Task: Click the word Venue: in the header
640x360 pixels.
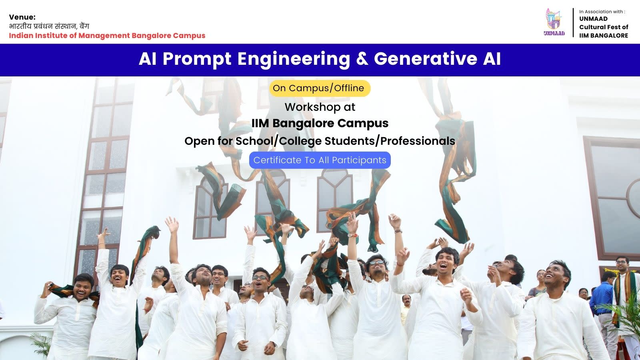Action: (22, 17)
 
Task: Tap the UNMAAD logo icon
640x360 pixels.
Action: (554, 22)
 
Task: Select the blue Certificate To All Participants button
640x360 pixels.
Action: (320, 160)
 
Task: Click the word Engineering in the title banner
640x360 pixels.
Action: (294, 59)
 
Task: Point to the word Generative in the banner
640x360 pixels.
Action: (426, 59)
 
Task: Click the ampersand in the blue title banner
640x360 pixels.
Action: (362, 59)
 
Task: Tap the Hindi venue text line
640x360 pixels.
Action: (49, 26)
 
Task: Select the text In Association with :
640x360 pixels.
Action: (602, 12)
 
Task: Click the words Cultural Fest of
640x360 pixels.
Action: (604, 27)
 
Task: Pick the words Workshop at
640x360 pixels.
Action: (320, 107)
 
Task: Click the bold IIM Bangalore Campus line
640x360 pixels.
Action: (320, 124)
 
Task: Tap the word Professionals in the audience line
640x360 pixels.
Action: (418, 141)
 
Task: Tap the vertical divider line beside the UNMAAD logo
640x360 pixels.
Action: (573, 22)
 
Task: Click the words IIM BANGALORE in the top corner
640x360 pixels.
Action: (604, 36)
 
